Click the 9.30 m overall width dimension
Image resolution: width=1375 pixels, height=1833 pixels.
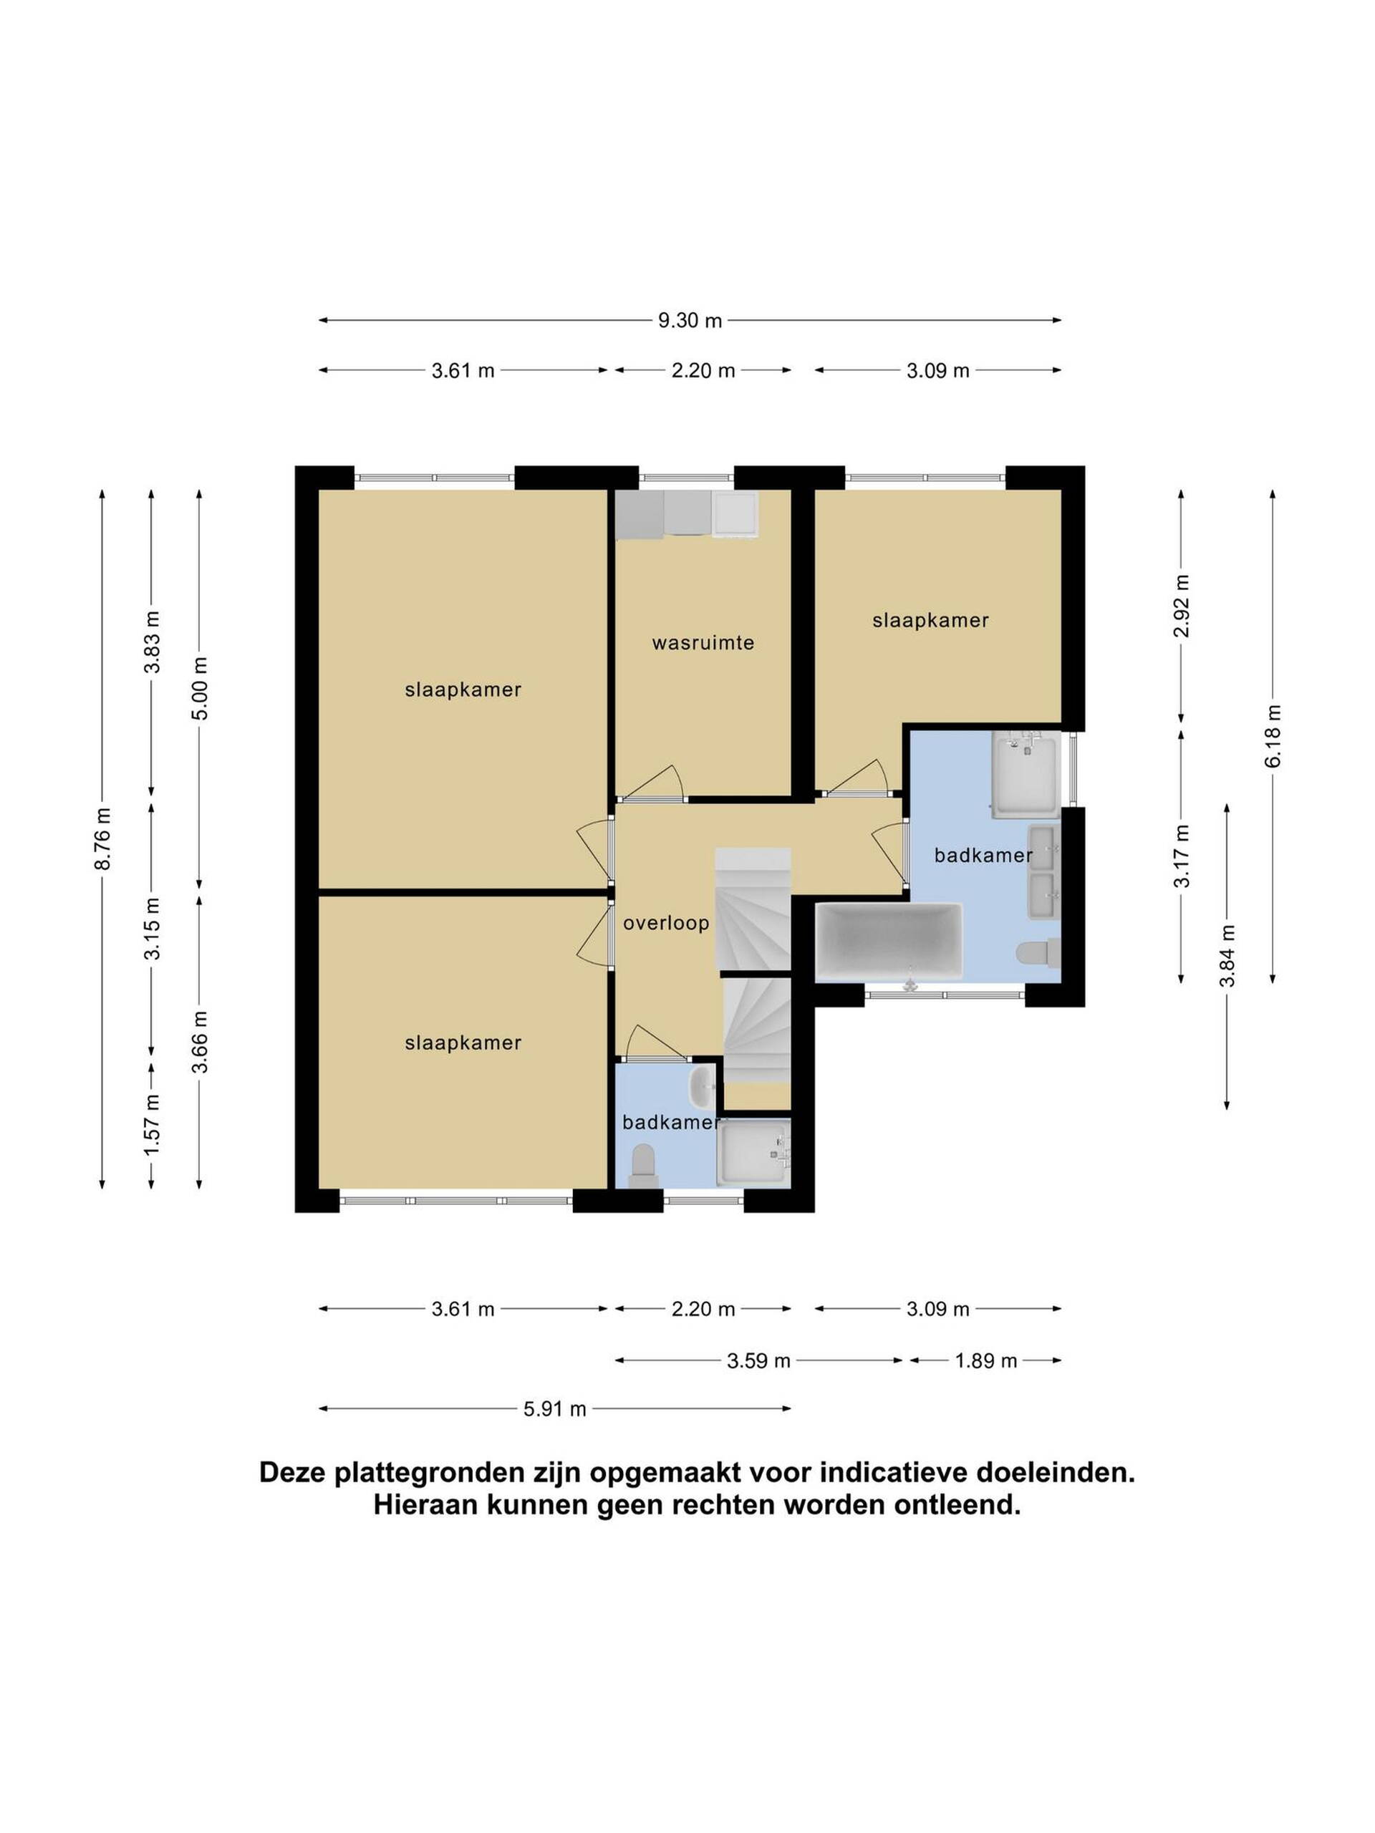[690, 320]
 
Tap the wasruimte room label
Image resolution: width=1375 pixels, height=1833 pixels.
[703, 642]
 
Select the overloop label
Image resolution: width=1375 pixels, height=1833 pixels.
[666, 922]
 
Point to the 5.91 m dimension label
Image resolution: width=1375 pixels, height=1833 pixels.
[554, 1408]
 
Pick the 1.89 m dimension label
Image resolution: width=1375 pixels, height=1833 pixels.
[985, 1360]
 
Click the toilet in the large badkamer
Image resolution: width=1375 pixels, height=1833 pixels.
[1039, 953]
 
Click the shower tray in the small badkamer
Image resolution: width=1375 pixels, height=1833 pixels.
[753, 1152]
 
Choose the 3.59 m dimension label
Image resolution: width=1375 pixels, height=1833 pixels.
[758, 1360]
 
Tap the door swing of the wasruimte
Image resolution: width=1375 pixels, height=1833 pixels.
[652, 780]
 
